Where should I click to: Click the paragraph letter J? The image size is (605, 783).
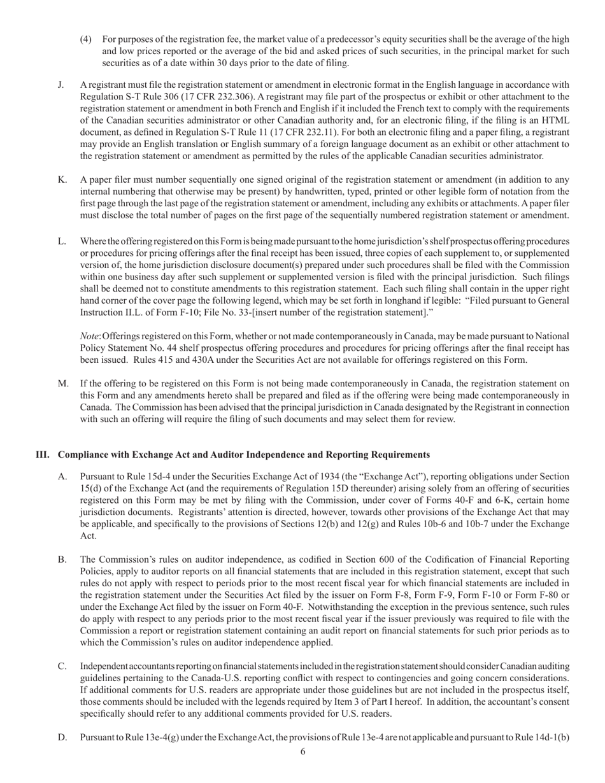click(x=61, y=85)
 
